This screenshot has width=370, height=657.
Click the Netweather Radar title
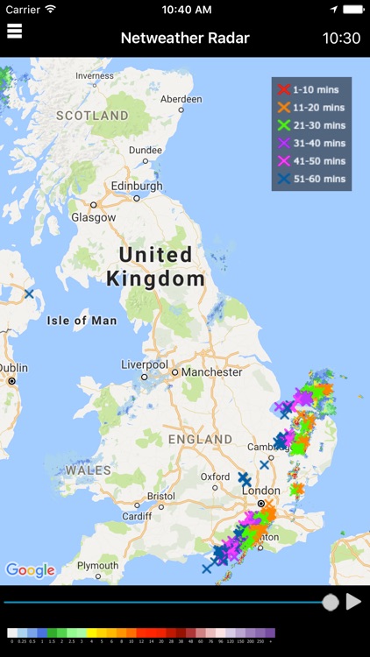pyautogui.click(x=185, y=39)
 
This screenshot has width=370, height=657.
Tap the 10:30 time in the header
pyautogui.click(x=341, y=39)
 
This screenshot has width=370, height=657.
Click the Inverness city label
pyautogui.click(x=95, y=75)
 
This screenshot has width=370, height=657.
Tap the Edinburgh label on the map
pyautogui.click(x=137, y=187)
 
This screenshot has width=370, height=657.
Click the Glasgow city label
pyautogui.click(x=93, y=216)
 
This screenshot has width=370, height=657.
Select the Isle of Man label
pyautogui.click(x=82, y=321)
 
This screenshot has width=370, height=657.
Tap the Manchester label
pyautogui.click(x=211, y=372)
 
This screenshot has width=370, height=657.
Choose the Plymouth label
pyautogui.click(x=97, y=565)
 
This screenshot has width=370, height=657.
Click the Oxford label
pyautogui.click(x=215, y=477)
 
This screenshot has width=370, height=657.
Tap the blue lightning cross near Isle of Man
pyautogui.click(x=29, y=294)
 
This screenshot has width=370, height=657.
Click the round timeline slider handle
pyautogui.click(x=331, y=602)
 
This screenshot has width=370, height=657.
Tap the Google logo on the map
pyautogui.click(x=30, y=570)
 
